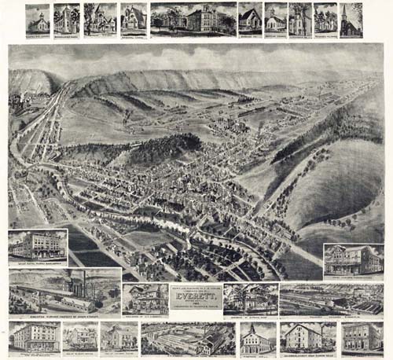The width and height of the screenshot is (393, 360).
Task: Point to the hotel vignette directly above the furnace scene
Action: pyautogui.click(x=38, y=245)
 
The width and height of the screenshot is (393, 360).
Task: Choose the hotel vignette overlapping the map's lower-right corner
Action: pyautogui.click(x=353, y=259)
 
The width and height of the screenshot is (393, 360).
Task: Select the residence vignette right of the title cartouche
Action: pyautogui.click(x=249, y=298)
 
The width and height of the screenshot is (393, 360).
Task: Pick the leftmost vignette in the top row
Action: pyautogui.click(x=37, y=19)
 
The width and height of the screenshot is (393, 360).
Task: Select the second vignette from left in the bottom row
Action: pyautogui.click(x=79, y=336)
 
